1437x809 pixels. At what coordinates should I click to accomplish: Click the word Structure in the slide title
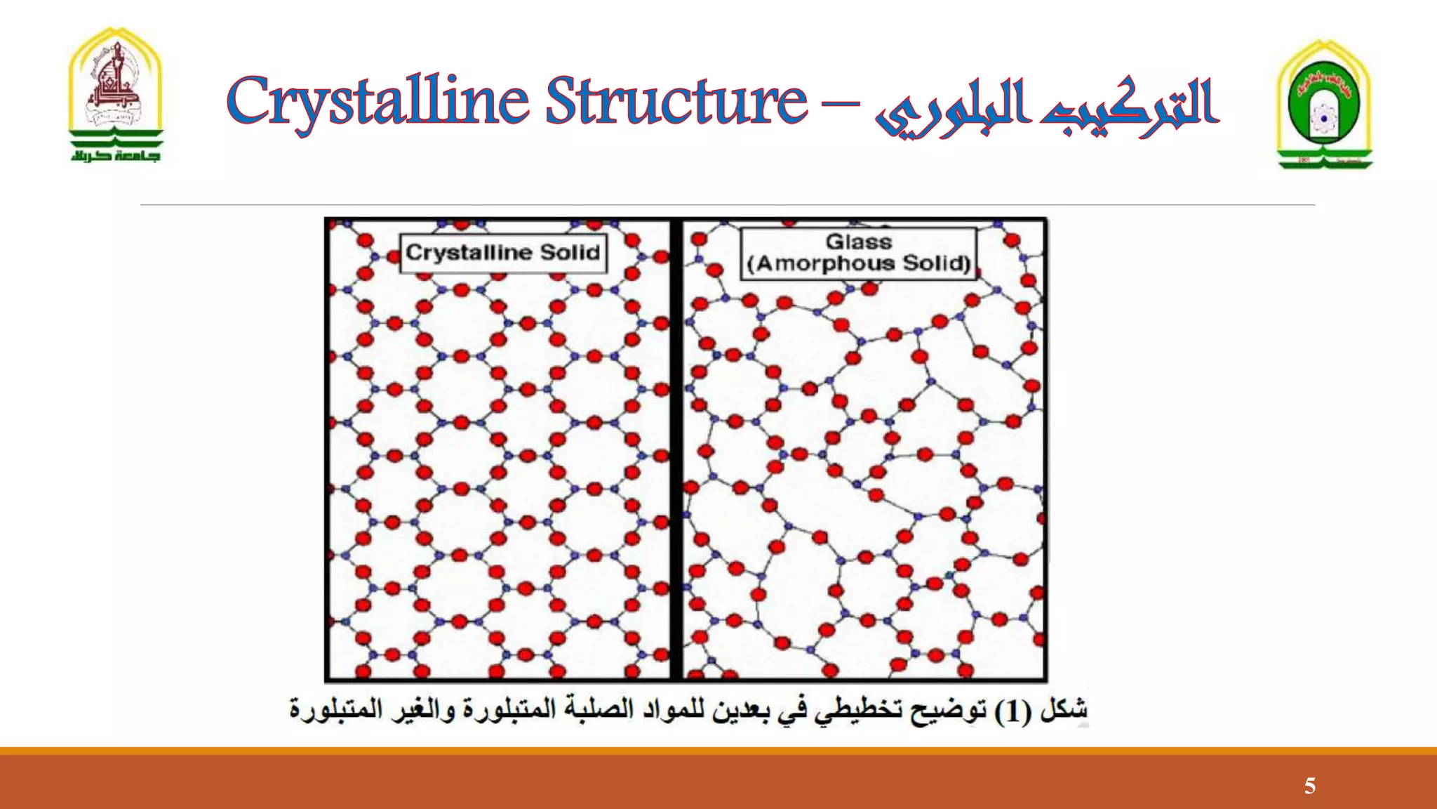676,101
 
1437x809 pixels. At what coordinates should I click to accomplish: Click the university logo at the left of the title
116,95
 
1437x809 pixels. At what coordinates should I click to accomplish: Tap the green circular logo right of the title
1323,105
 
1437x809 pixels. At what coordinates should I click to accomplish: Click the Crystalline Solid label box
502,253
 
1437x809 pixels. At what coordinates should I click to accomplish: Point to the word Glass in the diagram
858,242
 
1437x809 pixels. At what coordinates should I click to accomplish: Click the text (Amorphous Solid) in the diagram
859,264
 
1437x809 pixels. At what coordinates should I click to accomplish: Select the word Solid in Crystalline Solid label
570,253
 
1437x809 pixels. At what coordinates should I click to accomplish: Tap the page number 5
1309,786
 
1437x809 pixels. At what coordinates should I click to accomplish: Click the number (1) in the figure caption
1012,711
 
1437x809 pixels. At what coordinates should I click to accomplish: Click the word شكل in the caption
1064,709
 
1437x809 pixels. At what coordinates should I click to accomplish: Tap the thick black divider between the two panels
676,449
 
